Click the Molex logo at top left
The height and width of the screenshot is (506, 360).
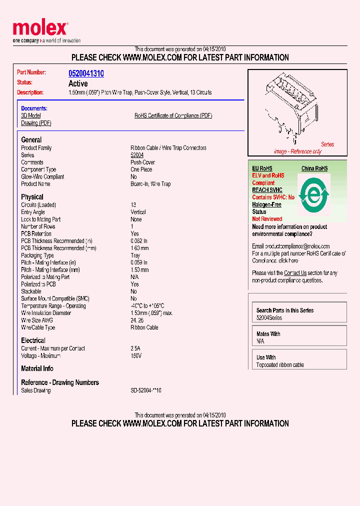(40, 29)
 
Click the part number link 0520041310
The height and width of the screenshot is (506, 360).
(86, 73)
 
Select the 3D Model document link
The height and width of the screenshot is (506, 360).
(31, 115)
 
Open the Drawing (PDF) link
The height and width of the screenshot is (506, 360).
(36, 123)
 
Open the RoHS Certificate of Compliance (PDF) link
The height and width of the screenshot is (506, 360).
(173, 115)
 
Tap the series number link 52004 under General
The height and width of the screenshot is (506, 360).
(137, 155)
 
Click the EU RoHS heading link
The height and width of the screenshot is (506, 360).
(262, 168)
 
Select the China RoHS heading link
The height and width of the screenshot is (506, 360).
(314, 168)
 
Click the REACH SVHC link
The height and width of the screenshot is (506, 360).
(267, 190)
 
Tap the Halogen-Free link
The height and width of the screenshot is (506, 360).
(266, 204)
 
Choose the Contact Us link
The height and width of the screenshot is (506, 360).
(295, 273)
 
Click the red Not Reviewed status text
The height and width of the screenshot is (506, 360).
(267, 219)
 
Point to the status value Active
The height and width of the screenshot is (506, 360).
(78, 83)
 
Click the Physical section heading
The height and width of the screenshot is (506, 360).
(32, 197)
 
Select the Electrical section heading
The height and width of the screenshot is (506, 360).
(33, 340)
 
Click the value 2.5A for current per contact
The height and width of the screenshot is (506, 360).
(135, 348)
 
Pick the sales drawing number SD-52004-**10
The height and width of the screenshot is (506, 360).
(146, 390)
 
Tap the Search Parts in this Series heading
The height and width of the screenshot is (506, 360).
(285, 310)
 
